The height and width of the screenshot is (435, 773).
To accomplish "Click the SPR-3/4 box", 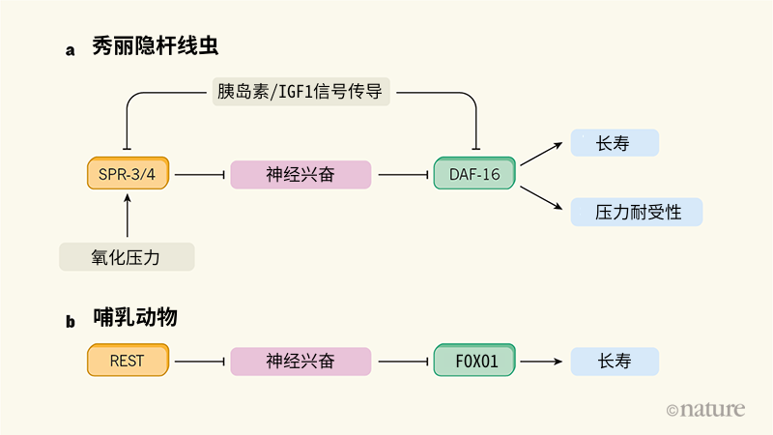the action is pyautogui.click(x=129, y=173).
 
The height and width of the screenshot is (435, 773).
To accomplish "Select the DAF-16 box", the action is pyautogui.click(x=474, y=173).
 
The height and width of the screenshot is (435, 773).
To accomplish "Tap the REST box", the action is pyautogui.click(x=129, y=361).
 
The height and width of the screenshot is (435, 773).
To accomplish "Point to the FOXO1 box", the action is pyautogui.click(x=474, y=361).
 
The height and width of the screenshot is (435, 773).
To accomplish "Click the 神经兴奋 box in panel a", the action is pyautogui.click(x=301, y=174).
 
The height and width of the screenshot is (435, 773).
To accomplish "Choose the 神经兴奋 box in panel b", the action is pyautogui.click(x=301, y=361).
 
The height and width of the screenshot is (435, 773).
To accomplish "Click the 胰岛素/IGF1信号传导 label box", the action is pyautogui.click(x=301, y=92).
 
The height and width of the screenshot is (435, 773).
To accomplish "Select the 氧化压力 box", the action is pyautogui.click(x=127, y=256).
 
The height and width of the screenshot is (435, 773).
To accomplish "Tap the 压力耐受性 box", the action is pyautogui.click(x=637, y=212).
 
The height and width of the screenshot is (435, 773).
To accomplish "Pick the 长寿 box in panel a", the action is pyautogui.click(x=615, y=143).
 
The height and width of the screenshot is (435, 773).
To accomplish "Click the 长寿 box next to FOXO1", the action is pyautogui.click(x=615, y=361).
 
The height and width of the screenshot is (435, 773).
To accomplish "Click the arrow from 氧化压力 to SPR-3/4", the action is pyautogui.click(x=128, y=216).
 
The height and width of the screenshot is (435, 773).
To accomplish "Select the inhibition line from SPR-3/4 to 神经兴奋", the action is pyautogui.click(x=200, y=175).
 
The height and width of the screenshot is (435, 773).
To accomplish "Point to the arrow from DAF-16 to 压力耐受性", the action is pyautogui.click(x=541, y=198).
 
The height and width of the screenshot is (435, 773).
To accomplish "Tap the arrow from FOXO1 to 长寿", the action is pyautogui.click(x=541, y=362).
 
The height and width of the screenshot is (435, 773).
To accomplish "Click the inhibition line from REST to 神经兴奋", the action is pyautogui.click(x=200, y=362).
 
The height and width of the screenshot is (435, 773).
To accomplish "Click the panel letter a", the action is pyautogui.click(x=70, y=50).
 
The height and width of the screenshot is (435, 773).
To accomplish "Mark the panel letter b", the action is pyautogui.click(x=71, y=322).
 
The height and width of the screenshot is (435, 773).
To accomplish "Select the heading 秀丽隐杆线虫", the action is pyautogui.click(x=156, y=45).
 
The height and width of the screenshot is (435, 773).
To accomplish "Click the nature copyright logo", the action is pyautogui.click(x=705, y=409).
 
